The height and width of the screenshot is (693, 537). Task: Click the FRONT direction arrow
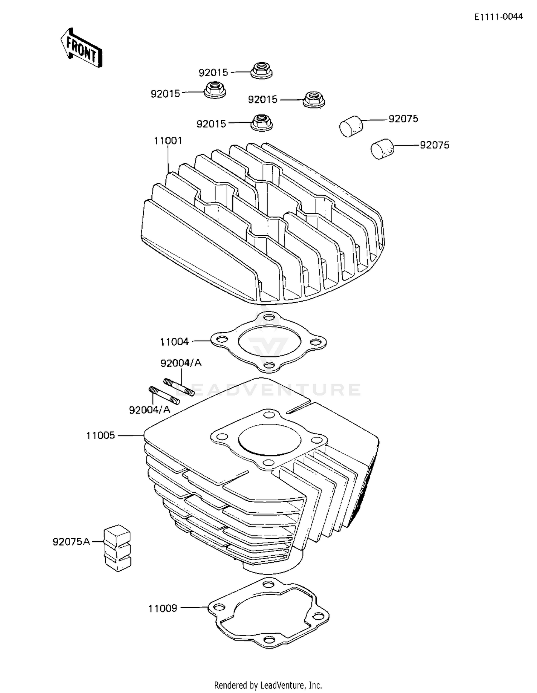[x=81, y=48]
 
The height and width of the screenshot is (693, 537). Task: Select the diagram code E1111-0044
[x=498, y=16]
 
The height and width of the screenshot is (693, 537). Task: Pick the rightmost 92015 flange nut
[x=314, y=99]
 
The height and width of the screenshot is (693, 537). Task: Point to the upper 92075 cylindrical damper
[x=351, y=126]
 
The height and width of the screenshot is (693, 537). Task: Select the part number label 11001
[x=168, y=141]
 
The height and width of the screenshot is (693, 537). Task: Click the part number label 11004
[x=174, y=342]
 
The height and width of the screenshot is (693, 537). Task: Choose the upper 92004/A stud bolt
[x=179, y=387]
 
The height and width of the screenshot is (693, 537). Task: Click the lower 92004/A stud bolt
[x=164, y=395]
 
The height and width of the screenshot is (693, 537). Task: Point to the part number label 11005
[x=101, y=435]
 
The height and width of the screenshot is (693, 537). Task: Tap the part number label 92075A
[x=71, y=542]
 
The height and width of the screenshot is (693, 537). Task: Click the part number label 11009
[x=163, y=608]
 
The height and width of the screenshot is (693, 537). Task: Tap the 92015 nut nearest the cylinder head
[x=262, y=123]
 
